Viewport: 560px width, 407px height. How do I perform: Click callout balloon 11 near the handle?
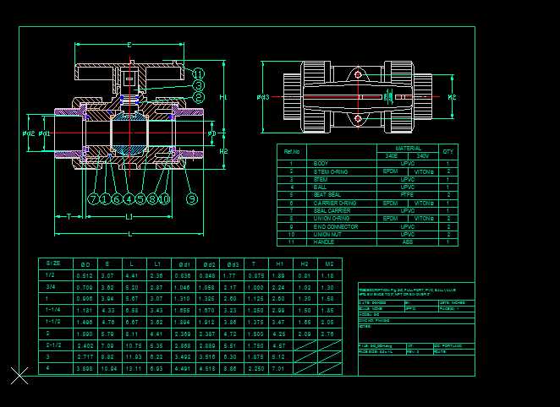point(198,73)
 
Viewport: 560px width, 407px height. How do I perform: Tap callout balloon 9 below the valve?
point(192,198)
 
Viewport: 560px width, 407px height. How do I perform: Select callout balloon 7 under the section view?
point(93,199)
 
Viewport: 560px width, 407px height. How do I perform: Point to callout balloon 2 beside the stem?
point(198,97)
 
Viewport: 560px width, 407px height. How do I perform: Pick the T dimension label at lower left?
point(67,217)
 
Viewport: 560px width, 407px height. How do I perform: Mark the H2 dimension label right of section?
point(223,151)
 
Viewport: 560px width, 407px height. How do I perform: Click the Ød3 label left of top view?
point(263,98)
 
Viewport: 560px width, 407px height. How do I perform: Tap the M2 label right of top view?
point(452,98)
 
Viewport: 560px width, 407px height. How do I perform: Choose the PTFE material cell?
point(408,195)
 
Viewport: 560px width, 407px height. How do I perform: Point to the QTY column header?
point(448,152)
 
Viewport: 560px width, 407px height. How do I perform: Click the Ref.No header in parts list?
point(292,152)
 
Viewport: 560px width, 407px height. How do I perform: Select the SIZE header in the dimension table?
point(53,264)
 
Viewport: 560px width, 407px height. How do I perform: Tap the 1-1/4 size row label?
point(53,311)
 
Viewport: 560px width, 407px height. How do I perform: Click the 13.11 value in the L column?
point(131,369)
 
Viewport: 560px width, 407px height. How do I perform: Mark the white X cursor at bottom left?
point(19,376)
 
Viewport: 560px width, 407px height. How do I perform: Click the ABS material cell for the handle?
point(408,242)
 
